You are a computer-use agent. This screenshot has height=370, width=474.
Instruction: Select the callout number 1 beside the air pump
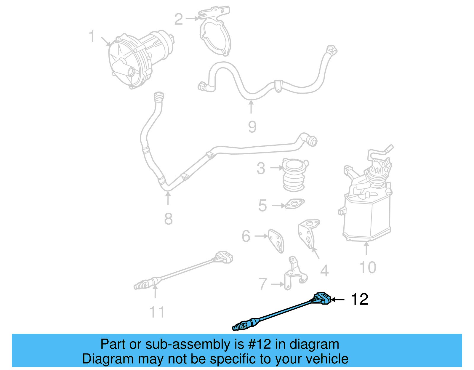click(x=92, y=36)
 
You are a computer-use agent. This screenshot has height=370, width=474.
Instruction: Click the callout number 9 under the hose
click(x=252, y=127)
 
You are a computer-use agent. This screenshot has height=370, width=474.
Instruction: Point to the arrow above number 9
click(x=251, y=107)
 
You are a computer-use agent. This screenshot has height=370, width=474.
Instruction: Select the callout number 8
click(x=168, y=219)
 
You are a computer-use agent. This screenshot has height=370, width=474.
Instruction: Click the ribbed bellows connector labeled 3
click(x=293, y=175)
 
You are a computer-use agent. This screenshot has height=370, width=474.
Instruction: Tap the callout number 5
click(x=262, y=206)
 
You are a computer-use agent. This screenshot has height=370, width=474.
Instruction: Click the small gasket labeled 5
click(x=294, y=204)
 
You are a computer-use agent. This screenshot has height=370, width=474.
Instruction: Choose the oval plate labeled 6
click(x=276, y=241)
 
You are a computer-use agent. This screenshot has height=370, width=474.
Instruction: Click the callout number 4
click(x=324, y=270)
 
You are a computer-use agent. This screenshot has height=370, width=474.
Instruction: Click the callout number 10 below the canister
click(x=368, y=268)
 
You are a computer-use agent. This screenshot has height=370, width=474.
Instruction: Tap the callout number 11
click(x=157, y=312)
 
